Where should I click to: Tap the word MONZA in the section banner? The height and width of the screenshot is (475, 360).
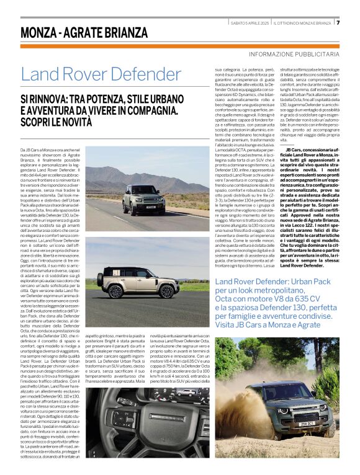click(x=43, y=32)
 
